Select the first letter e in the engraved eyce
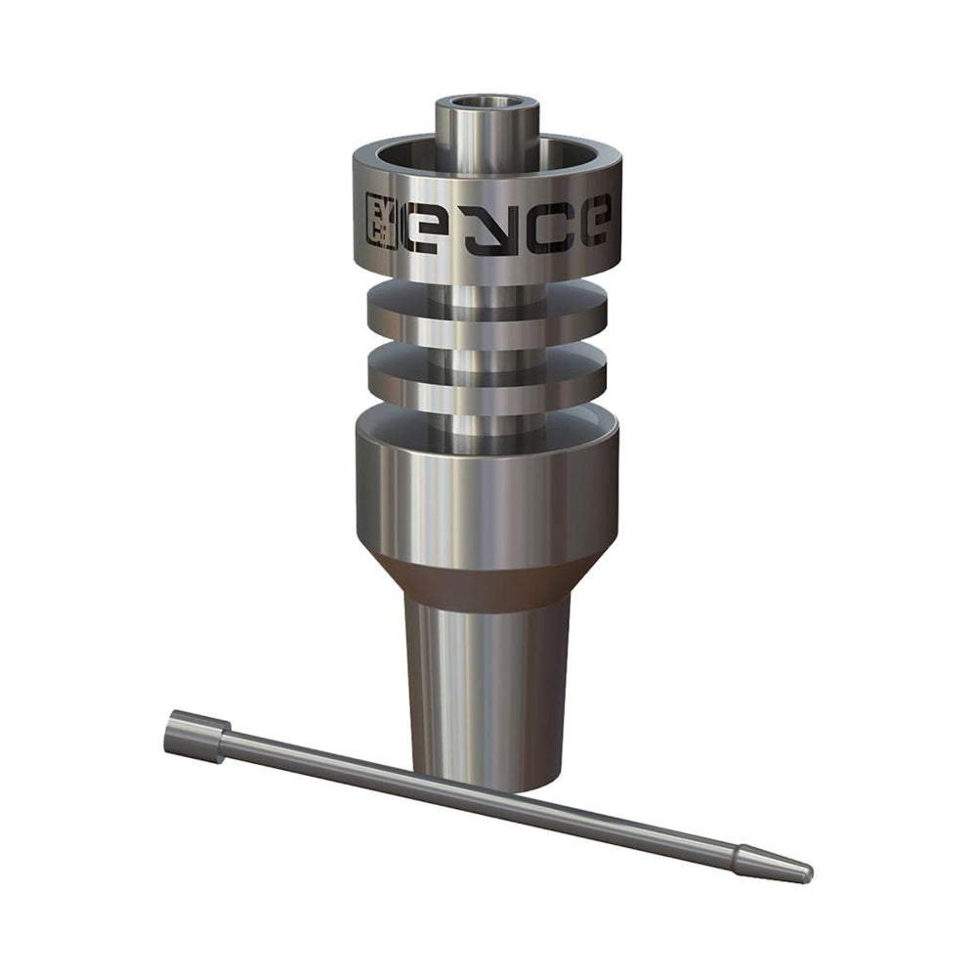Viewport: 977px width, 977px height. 428,226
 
